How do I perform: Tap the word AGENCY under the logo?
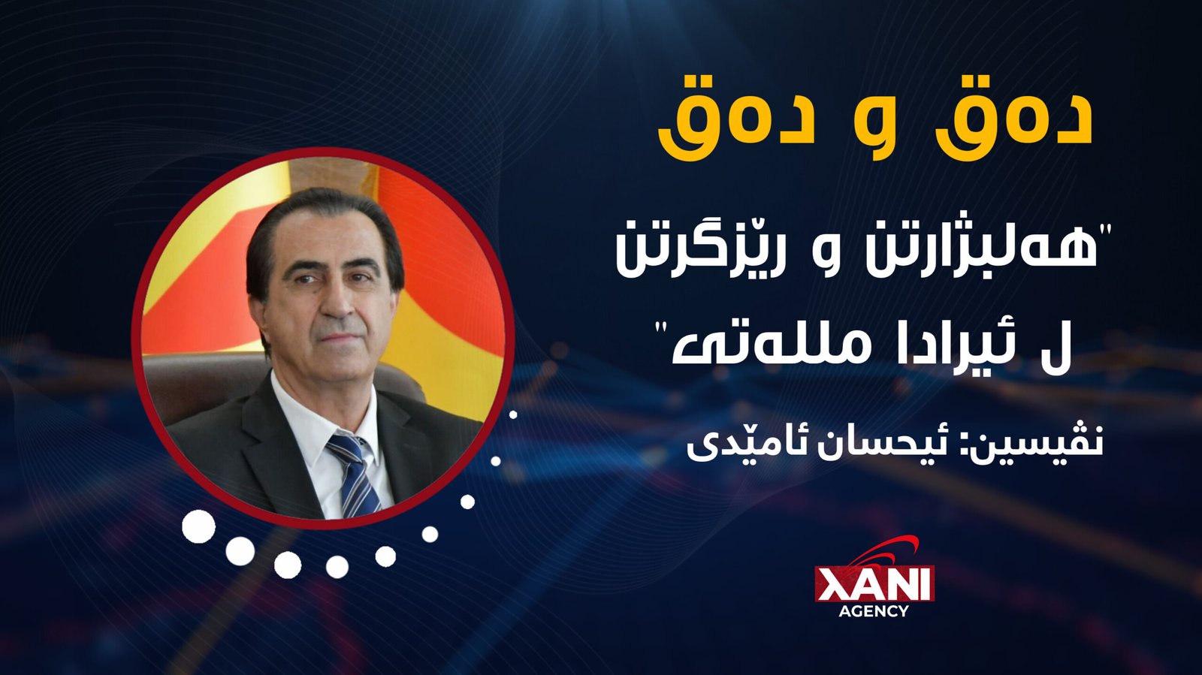[x=874, y=610]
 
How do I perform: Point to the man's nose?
[x=337, y=300]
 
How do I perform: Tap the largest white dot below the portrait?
[x=198, y=526]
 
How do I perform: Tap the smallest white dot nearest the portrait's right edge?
[x=513, y=414]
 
